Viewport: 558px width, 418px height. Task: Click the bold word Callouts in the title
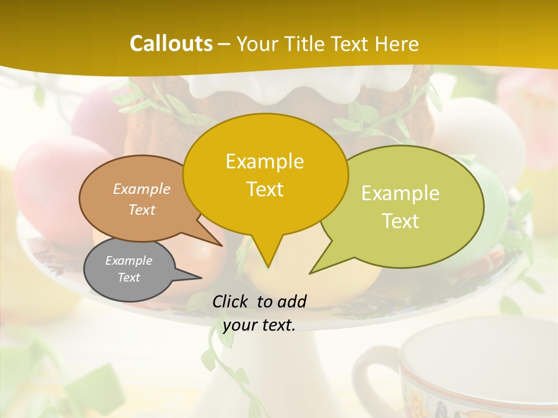[171, 44]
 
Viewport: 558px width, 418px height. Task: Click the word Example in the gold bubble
[264, 161]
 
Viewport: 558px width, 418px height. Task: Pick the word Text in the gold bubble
[264, 189]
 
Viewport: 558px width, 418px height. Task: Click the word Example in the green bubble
[400, 193]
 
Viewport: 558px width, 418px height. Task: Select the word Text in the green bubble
[400, 221]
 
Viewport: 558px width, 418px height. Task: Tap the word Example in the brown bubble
[142, 189]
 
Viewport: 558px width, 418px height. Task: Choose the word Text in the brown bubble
[142, 210]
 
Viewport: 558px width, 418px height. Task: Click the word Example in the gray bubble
[128, 261]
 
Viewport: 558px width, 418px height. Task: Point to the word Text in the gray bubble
[128, 278]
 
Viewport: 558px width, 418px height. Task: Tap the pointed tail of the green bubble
[317, 268]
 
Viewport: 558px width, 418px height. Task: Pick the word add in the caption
[291, 301]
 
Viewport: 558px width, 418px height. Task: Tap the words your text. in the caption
[259, 326]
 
